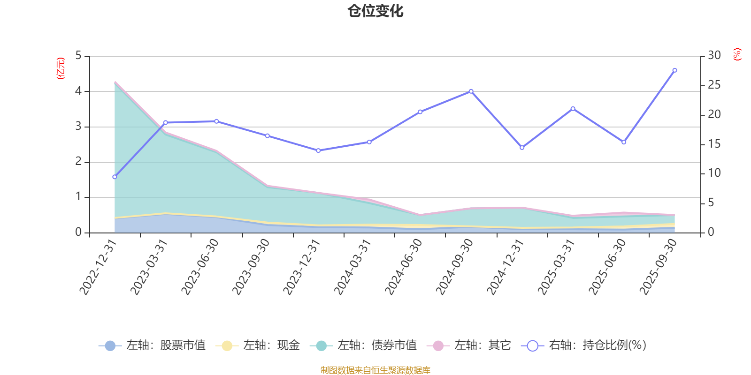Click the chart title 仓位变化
coord(375,11)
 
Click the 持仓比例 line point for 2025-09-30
coord(674,70)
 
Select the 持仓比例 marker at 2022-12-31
coord(115,177)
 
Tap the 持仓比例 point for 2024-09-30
coord(471,91)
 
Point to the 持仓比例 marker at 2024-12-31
coord(522,148)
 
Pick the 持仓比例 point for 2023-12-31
coord(318,150)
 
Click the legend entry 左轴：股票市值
coord(153,345)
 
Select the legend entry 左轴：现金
coord(258,345)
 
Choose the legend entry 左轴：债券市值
coord(363,345)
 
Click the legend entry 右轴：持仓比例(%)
coord(584,345)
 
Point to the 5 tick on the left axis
coord(78,56)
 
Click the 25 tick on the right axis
coord(714,85)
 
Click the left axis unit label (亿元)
coord(61,68)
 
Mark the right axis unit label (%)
coord(737,54)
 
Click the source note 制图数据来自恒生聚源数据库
coord(375,370)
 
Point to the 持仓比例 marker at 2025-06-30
coord(624,142)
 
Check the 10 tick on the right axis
coord(714,173)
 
